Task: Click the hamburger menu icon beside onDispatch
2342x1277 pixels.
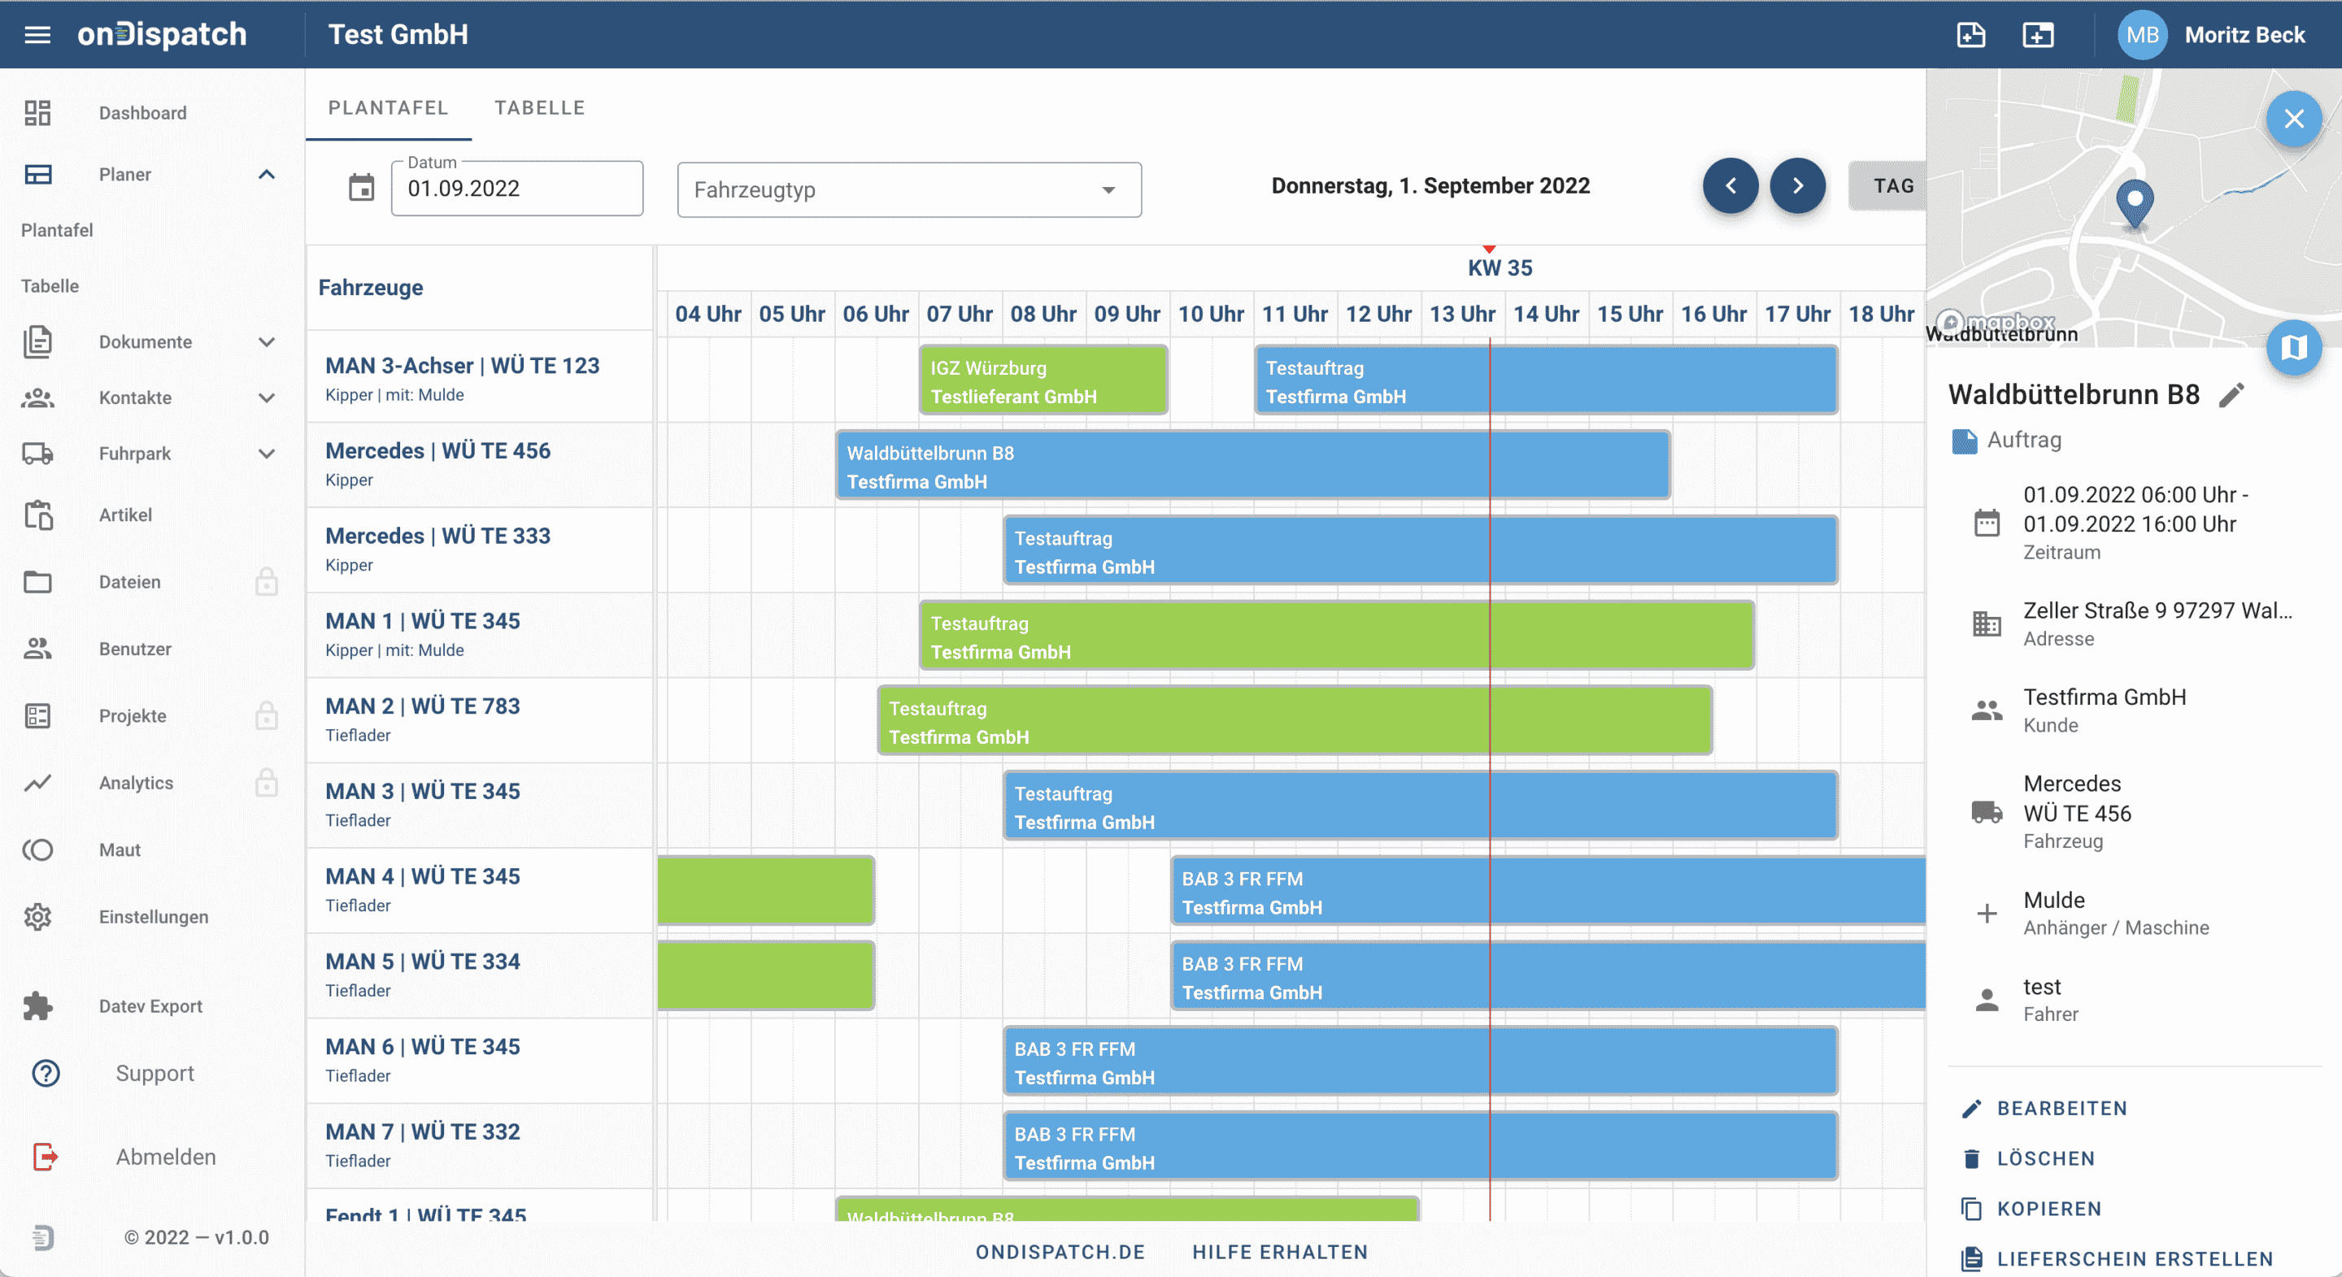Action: [x=37, y=34]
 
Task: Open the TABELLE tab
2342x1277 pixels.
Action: [x=539, y=107]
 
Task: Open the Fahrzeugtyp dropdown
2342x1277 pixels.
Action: [x=908, y=190]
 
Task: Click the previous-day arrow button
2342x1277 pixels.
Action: [x=1730, y=185]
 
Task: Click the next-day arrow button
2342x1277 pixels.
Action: [x=1797, y=185]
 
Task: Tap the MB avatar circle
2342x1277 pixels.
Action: [x=2142, y=34]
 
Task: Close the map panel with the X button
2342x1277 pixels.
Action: [x=2293, y=118]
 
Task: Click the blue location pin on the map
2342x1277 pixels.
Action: [x=2134, y=200]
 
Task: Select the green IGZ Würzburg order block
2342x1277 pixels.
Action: [x=1043, y=381]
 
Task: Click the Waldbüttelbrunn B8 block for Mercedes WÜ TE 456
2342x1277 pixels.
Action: [x=1252, y=467]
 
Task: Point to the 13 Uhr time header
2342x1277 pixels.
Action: [x=1462, y=314]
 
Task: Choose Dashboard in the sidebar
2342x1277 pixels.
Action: [x=143, y=113]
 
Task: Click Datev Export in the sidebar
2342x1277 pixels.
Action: [x=150, y=1006]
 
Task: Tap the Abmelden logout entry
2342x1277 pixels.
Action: [x=165, y=1157]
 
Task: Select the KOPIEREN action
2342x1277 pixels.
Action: [x=2048, y=1209]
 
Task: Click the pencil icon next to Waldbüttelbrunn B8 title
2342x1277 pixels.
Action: [x=2232, y=394]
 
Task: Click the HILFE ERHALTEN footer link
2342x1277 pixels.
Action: [x=1279, y=1252]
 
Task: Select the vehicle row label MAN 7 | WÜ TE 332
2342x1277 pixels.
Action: [x=423, y=1131]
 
